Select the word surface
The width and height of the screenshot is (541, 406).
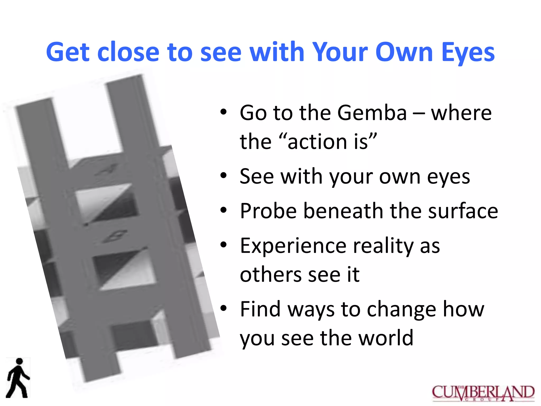coord(463,211)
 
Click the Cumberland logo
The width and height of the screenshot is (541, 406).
coord(483,393)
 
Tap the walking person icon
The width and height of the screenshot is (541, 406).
coord(18,378)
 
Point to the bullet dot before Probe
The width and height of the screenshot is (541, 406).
coord(223,210)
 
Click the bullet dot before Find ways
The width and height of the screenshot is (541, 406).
coord(223,308)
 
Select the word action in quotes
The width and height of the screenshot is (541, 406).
coord(317,142)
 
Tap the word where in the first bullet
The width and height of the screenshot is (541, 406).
coord(461,113)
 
